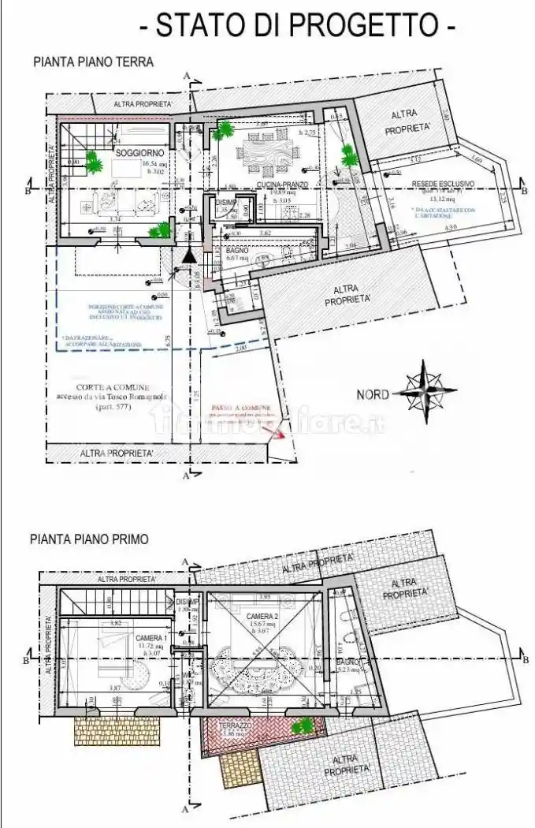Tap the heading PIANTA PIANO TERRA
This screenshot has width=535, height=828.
(93, 61)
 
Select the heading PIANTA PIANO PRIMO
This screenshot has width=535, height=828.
(87, 540)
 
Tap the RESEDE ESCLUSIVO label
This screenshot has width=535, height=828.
(443, 184)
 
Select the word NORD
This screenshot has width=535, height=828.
(373, 394)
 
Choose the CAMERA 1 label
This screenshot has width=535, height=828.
(150, 638)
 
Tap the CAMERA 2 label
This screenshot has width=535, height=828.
(261, 616)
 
